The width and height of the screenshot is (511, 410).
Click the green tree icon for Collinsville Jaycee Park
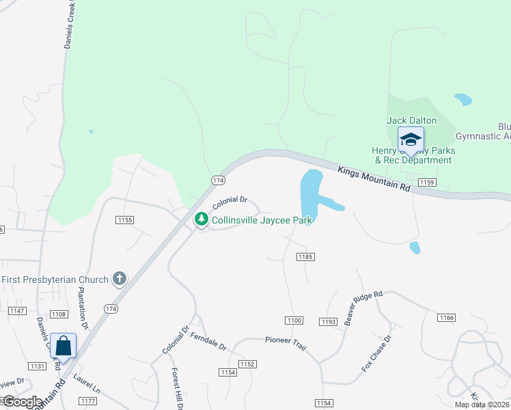pyautogui.click(x=201, y=219)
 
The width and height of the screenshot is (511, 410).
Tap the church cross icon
pyautogui.click(x=120, y=278)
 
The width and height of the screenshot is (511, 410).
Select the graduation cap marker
pyautogui.click(x=411, y=140)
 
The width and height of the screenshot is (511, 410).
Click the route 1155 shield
pyautogui.click(x=125, y=220)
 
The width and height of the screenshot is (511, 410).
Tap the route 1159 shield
pyautogui.click(x=428, y=182)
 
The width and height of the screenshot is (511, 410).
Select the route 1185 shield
pyautogui.click(x=305, y=257)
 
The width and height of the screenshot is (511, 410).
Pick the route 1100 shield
pyautogui.click(x=294, y=320)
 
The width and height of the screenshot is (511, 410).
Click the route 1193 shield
pyautogui.click(x=329, y=321)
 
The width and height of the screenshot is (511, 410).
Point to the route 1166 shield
pyautogui.click(x=446, y=318)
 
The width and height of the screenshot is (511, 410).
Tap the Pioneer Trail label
pyautogui.click(x=286, y=340)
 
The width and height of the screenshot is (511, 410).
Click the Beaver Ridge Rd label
pyautogui.click(x=364, y=307)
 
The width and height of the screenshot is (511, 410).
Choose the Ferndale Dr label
pyautogui.click(x=208, y=341)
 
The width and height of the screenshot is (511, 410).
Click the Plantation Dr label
pyautogui.click(x=83, y=308)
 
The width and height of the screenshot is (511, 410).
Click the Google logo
pyautogui.click(x=22, y=402)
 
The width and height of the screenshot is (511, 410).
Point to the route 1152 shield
pyautogui.click(x=247, y=364)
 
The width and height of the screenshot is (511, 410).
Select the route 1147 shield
pyautogui.click(x=17, y=311)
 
